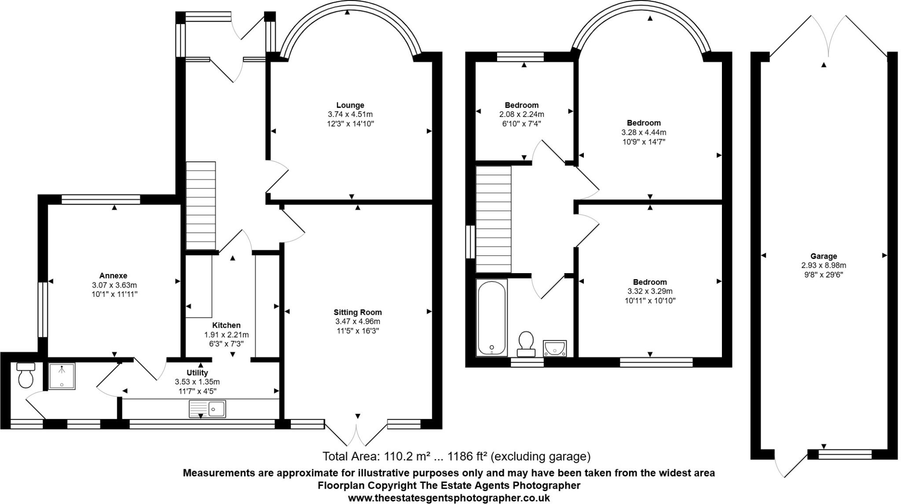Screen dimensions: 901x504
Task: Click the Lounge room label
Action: click(350, 105)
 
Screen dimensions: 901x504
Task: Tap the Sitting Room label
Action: click(358, 312)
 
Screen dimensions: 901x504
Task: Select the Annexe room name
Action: click(113, 276)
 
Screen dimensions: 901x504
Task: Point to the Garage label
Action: click(824, 256)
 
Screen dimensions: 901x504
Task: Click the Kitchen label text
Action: click(227, 325)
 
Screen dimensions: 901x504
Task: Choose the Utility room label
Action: click(197, 373)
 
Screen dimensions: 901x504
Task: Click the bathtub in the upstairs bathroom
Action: click(492, 318)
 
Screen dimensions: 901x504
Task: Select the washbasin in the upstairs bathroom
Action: click(554, 348)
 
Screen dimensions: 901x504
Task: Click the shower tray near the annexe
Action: click(62, 376)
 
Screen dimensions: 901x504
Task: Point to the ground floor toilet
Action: click(26, 375)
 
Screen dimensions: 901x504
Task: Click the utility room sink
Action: click(207, 409)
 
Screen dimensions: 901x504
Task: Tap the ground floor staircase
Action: click(201, 206)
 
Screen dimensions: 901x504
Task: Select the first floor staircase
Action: click(494, 219)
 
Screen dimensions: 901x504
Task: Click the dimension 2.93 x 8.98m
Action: click(824, 265)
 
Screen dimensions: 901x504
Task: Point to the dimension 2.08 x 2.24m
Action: click(521, 114)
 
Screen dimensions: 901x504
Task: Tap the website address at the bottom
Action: click(449, 498)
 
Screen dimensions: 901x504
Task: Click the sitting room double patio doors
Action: click(357, 435)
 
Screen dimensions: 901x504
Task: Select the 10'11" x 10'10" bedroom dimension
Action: click(650, 301)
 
